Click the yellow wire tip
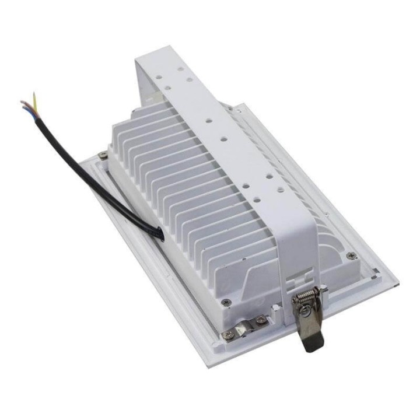point(34,94)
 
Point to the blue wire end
point(22,103)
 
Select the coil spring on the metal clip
point(307,300)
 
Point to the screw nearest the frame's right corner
point(351,255)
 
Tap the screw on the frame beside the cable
point(103,155)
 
